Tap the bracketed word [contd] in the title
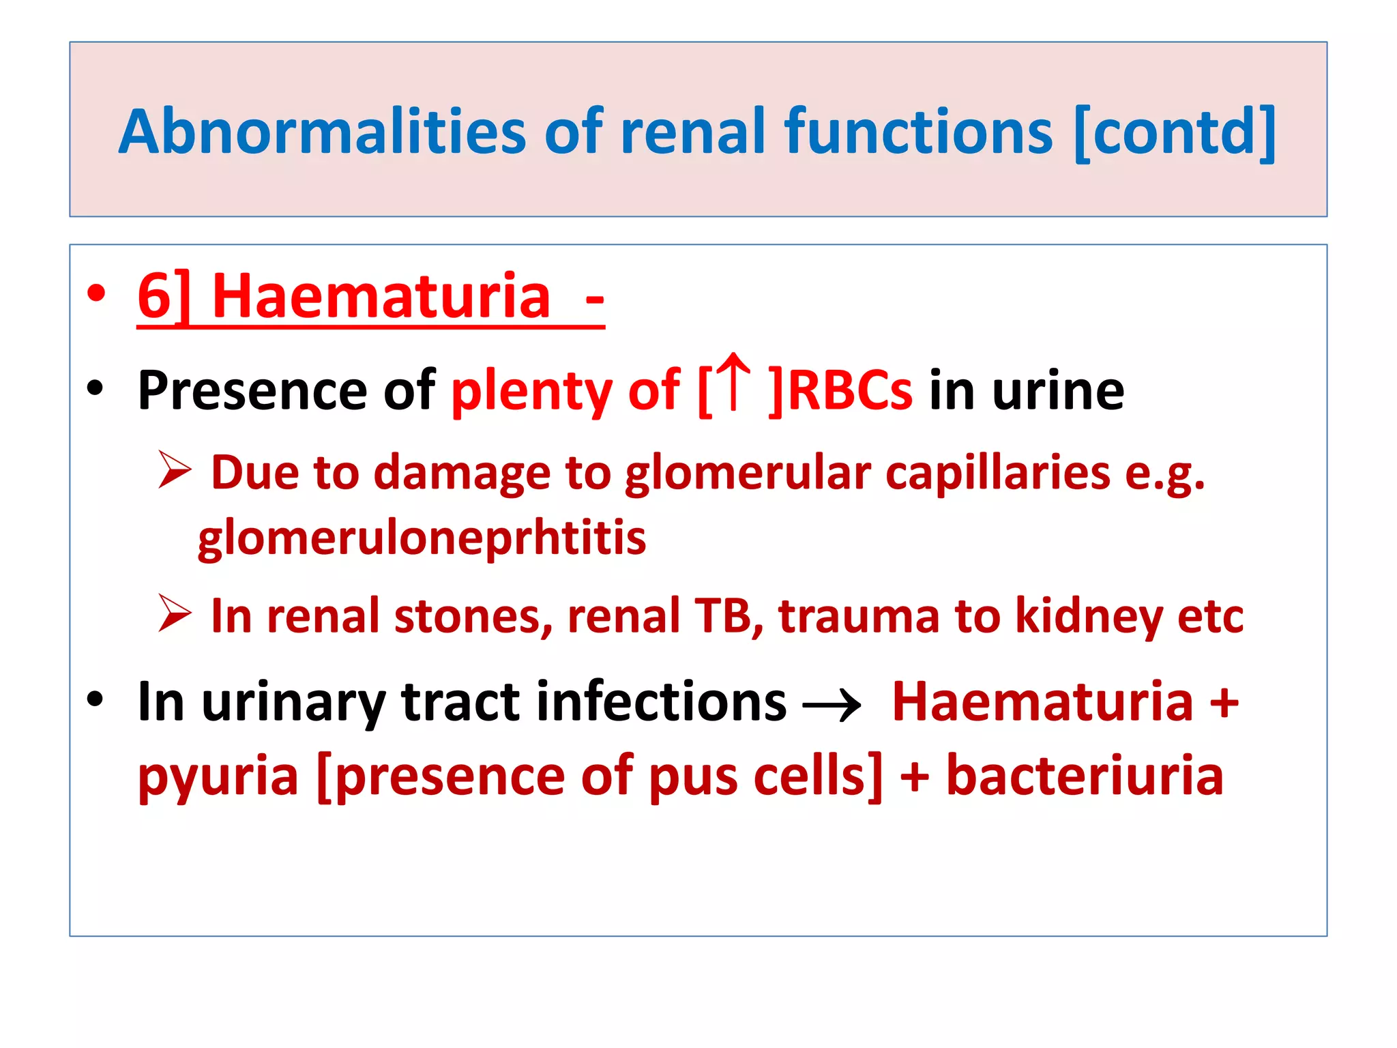[x=1174, y=132]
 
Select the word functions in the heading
[x=918, y=132]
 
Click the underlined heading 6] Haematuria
[x=370, y=297]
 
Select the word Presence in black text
[x=252, y=390]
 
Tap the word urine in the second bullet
[x=1058, y=390]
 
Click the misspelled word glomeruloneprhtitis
[x=422, y=538]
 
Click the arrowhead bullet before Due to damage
[x=174, y=470]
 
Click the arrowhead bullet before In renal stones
[x=174, y=613]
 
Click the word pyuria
[x=218, y=778]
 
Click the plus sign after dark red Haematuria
[x=1224, y=703]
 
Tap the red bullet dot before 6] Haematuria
[x=96, y=294]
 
